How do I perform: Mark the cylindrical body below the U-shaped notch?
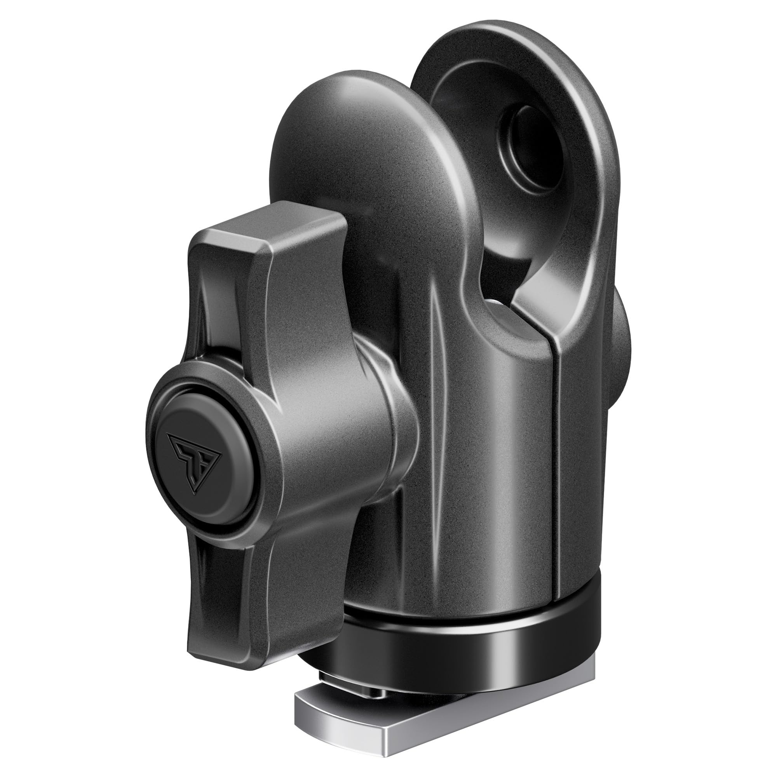click(503, 462)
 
